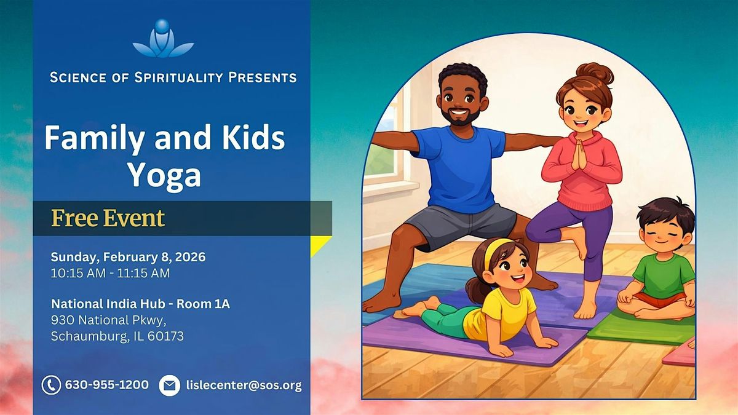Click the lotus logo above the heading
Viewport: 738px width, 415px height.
163,39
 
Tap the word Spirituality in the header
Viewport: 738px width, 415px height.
178,77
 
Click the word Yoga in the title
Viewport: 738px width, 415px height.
164,176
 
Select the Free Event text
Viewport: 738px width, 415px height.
108,218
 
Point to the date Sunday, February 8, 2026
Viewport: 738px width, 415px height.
128,257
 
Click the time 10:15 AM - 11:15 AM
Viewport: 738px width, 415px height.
110,274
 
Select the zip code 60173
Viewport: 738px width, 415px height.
165,336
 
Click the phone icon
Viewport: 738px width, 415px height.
51,385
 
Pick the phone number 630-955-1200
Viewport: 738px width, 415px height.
107,385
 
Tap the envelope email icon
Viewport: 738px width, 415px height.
169,385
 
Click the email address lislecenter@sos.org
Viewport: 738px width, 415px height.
244,385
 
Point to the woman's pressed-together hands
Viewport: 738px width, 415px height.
579,154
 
